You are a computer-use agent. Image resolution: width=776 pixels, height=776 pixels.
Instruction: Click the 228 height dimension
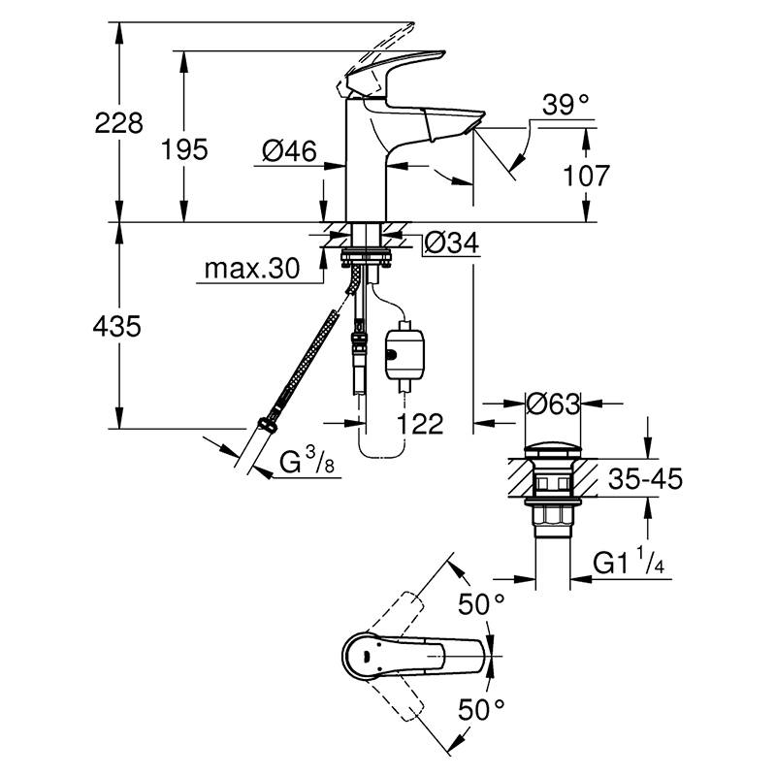[x=118, y=123]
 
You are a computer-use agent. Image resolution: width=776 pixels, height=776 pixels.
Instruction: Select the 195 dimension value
[x=184, y=149]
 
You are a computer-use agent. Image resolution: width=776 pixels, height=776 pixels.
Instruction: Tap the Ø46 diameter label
[x=289, y=150]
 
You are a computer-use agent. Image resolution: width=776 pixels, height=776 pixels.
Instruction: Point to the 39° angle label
[x=566, y=105]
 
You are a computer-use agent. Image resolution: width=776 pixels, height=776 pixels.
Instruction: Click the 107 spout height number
[x=587, y=176]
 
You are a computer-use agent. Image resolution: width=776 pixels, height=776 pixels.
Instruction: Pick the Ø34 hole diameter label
[x=452, y=243]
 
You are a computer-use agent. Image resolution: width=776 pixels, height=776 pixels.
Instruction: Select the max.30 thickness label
[x=252, y=269]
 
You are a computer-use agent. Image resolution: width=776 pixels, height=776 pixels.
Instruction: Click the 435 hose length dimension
[x=117, y=327]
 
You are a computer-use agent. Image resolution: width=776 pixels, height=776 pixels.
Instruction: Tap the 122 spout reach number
[x=420, y=424]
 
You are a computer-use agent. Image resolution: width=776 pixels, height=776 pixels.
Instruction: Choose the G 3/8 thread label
[x=307, y=461]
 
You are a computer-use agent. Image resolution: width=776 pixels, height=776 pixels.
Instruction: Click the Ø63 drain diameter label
[x=553, y=404]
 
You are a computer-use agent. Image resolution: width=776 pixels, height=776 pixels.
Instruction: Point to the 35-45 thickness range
[x=645, y=478]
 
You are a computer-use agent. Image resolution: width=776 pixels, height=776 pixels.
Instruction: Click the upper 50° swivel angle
[x=481, y=603]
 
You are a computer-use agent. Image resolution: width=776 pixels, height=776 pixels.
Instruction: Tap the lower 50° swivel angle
[x=481, y=710]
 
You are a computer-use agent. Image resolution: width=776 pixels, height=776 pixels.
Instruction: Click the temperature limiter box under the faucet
[x=404, y=355]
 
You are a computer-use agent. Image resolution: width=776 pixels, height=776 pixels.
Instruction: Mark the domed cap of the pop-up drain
[x=553, y=451]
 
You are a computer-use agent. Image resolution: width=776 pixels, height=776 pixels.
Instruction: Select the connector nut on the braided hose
[x=268, y=426]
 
